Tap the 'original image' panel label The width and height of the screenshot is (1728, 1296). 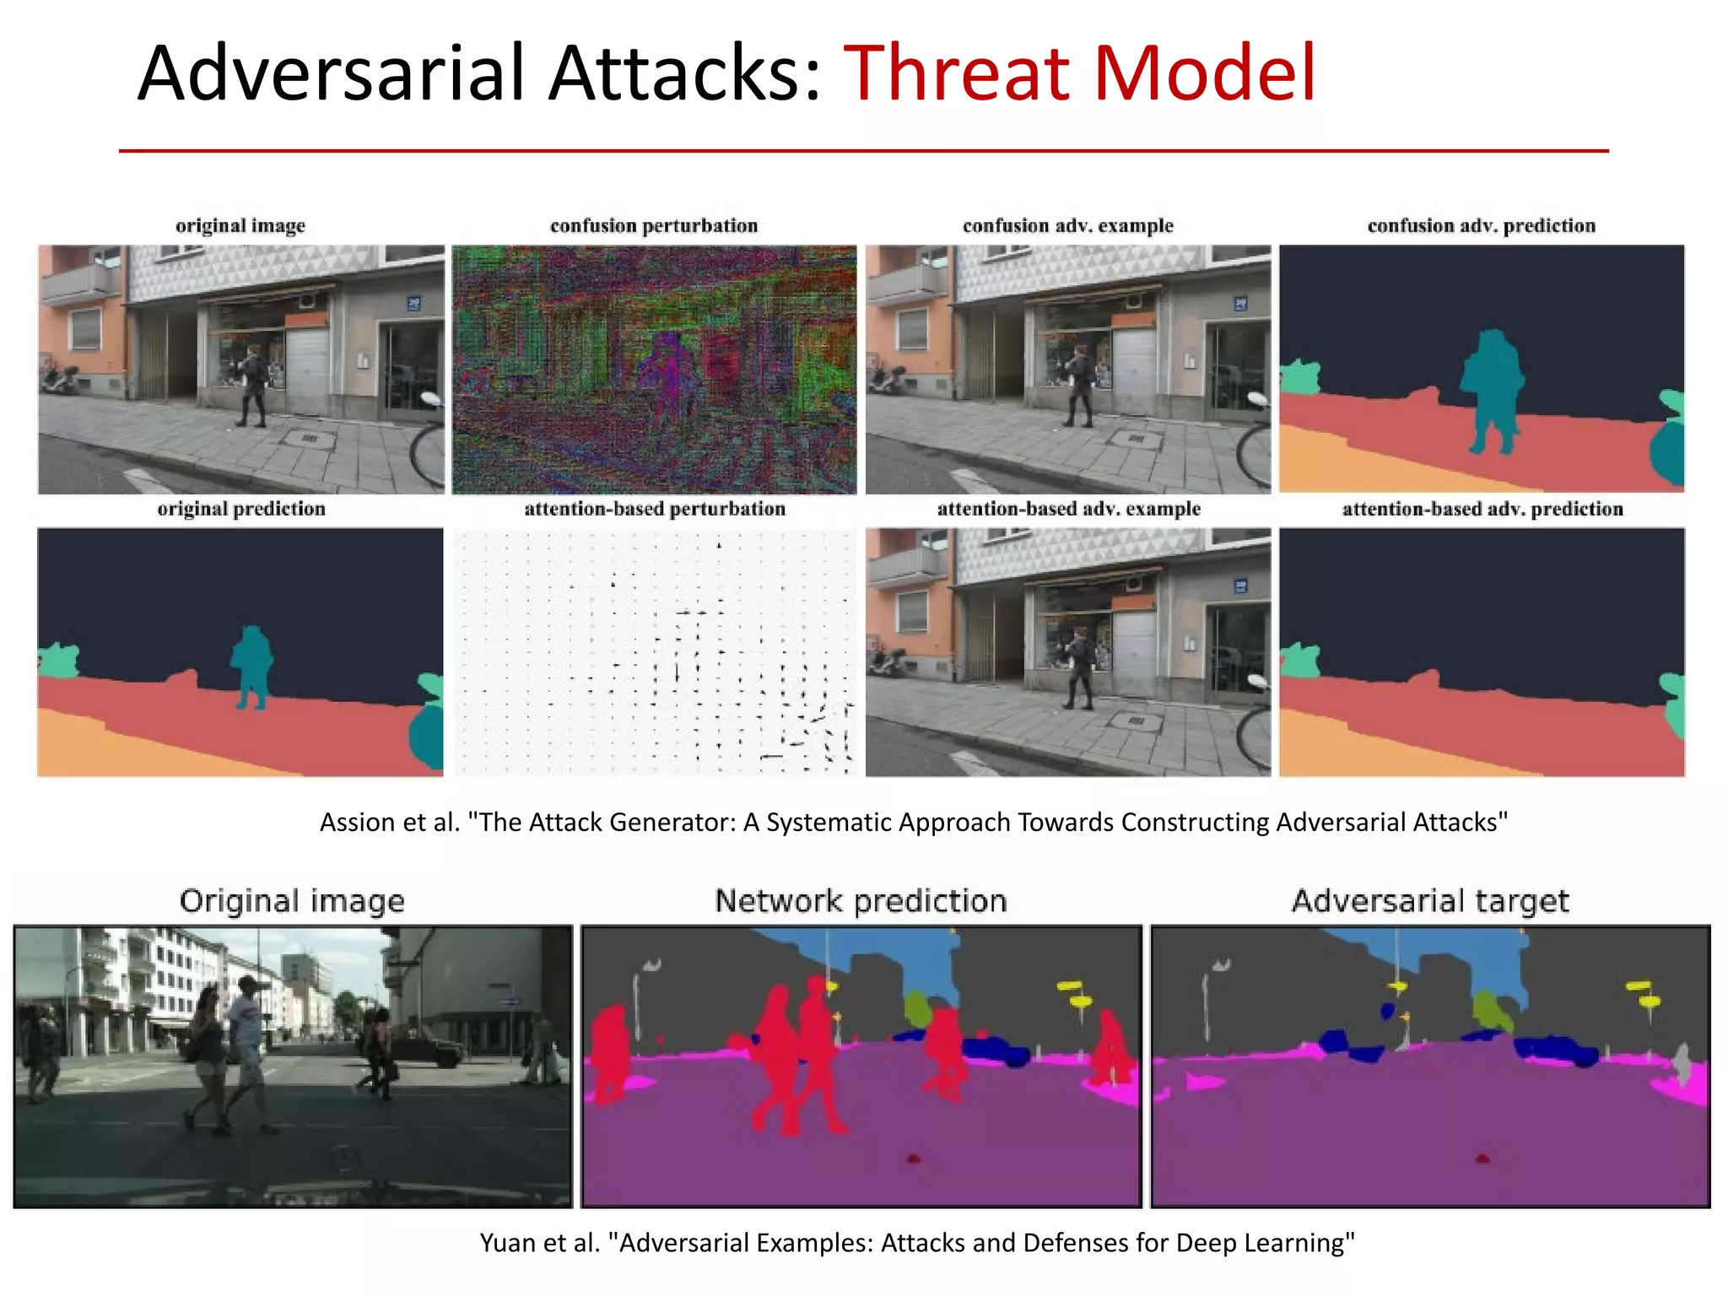tap(240, 226)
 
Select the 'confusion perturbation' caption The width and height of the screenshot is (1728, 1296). tap(654, 226)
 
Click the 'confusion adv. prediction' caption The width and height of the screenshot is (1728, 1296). tap(1482, 226)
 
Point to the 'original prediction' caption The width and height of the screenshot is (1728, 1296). tap(240, 509)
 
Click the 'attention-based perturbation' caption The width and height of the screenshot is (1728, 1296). tap(654, 509)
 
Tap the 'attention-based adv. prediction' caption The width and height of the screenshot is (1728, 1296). tap(1482, 509)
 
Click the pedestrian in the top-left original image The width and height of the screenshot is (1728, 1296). tap(252, 384)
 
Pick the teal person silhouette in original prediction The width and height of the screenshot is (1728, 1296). tap(251, 662)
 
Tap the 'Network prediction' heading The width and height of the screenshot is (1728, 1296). tap(861, 901)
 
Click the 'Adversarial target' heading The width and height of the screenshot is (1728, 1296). tap(1430, 901)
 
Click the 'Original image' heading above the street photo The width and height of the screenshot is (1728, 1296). tap(292, 901)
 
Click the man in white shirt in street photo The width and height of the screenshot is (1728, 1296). tap(247, 1038)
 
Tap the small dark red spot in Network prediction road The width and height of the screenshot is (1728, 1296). tap(913, 1158)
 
